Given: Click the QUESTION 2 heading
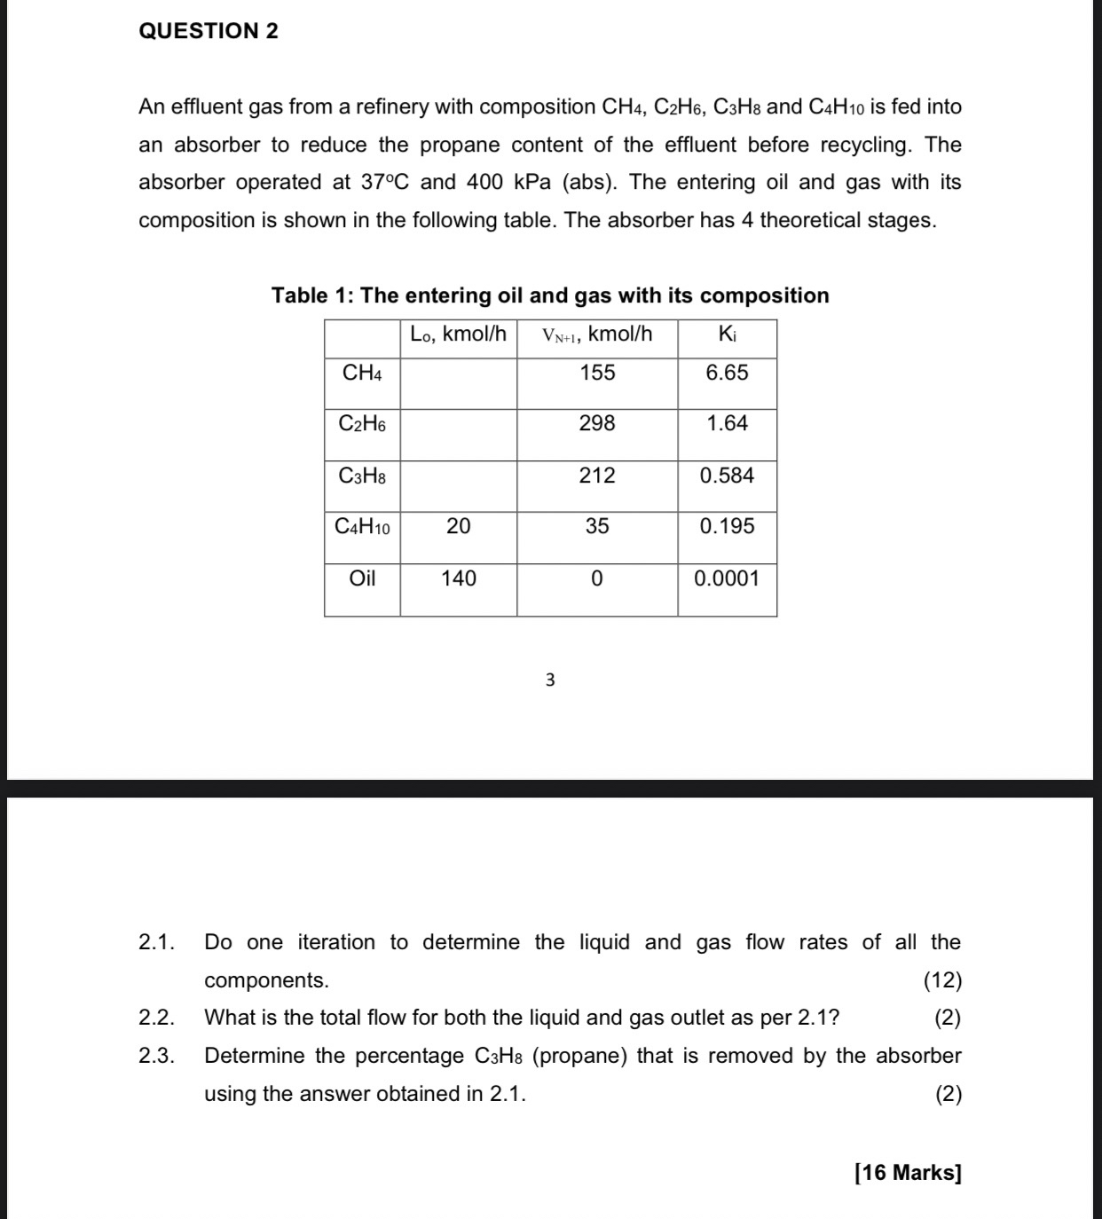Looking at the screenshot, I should coord(209,31).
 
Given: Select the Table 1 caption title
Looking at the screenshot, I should coord(550,295).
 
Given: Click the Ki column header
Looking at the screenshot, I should coord(727,334).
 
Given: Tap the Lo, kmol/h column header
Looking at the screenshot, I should coord(458,334).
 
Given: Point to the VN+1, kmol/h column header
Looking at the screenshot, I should coord(597,334).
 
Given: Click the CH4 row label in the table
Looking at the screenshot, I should coord(362,374).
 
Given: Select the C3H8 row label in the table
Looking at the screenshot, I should coord(362,476).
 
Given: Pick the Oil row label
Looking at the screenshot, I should coord(362,578).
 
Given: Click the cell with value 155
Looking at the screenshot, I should coord(597,373).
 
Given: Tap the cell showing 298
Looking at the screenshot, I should coord(597,424).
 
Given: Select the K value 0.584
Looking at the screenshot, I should coord(727,476).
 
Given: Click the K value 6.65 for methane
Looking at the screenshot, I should coord(727,373).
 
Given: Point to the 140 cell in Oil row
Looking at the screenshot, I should coord(459,578).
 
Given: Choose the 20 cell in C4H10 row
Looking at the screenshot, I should coord(459,526).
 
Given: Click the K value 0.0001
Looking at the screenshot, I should coord(727,578).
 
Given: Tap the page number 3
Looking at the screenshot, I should coord(550,680).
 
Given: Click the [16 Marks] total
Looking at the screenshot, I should coord(908,1173).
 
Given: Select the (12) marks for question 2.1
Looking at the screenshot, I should coord(942,980).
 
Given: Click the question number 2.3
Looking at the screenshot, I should coord(156,1056).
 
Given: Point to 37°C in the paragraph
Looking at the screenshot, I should coord(385,183).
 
